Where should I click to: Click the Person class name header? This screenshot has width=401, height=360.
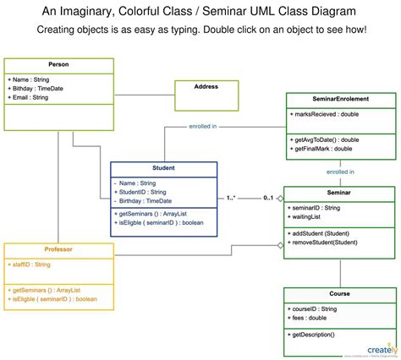coord(58,64)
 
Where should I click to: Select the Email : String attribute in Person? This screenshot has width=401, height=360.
coord(30,97)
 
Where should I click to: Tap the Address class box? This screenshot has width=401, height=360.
coord(206,87)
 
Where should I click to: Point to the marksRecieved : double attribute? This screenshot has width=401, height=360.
coord(327,114)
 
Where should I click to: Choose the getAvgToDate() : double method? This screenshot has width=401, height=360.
coord(326,139)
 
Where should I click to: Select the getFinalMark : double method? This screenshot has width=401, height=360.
coord(322,149)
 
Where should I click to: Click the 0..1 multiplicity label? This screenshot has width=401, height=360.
coord(268,198)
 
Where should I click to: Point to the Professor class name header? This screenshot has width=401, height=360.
coord(58,249)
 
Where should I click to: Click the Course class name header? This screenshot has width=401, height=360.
coord(339,294)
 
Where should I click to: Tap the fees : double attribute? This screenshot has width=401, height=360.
coord(310,318)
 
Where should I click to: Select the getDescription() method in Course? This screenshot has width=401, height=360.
coord(314,335)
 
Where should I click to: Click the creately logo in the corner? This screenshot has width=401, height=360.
coord(380,347)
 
